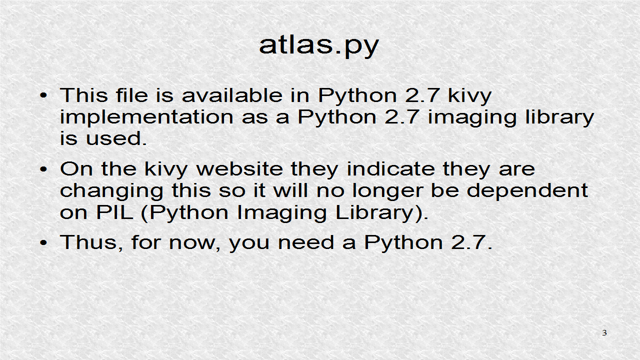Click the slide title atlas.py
(x=319, y=45)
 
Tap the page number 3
(x=604, y=333)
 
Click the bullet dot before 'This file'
(x=44, y=95)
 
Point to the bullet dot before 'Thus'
(x=44, y=243)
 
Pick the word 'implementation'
(x=146, y=117)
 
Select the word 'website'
(x=239, y=168)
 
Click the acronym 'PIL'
(x=115, y=212)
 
